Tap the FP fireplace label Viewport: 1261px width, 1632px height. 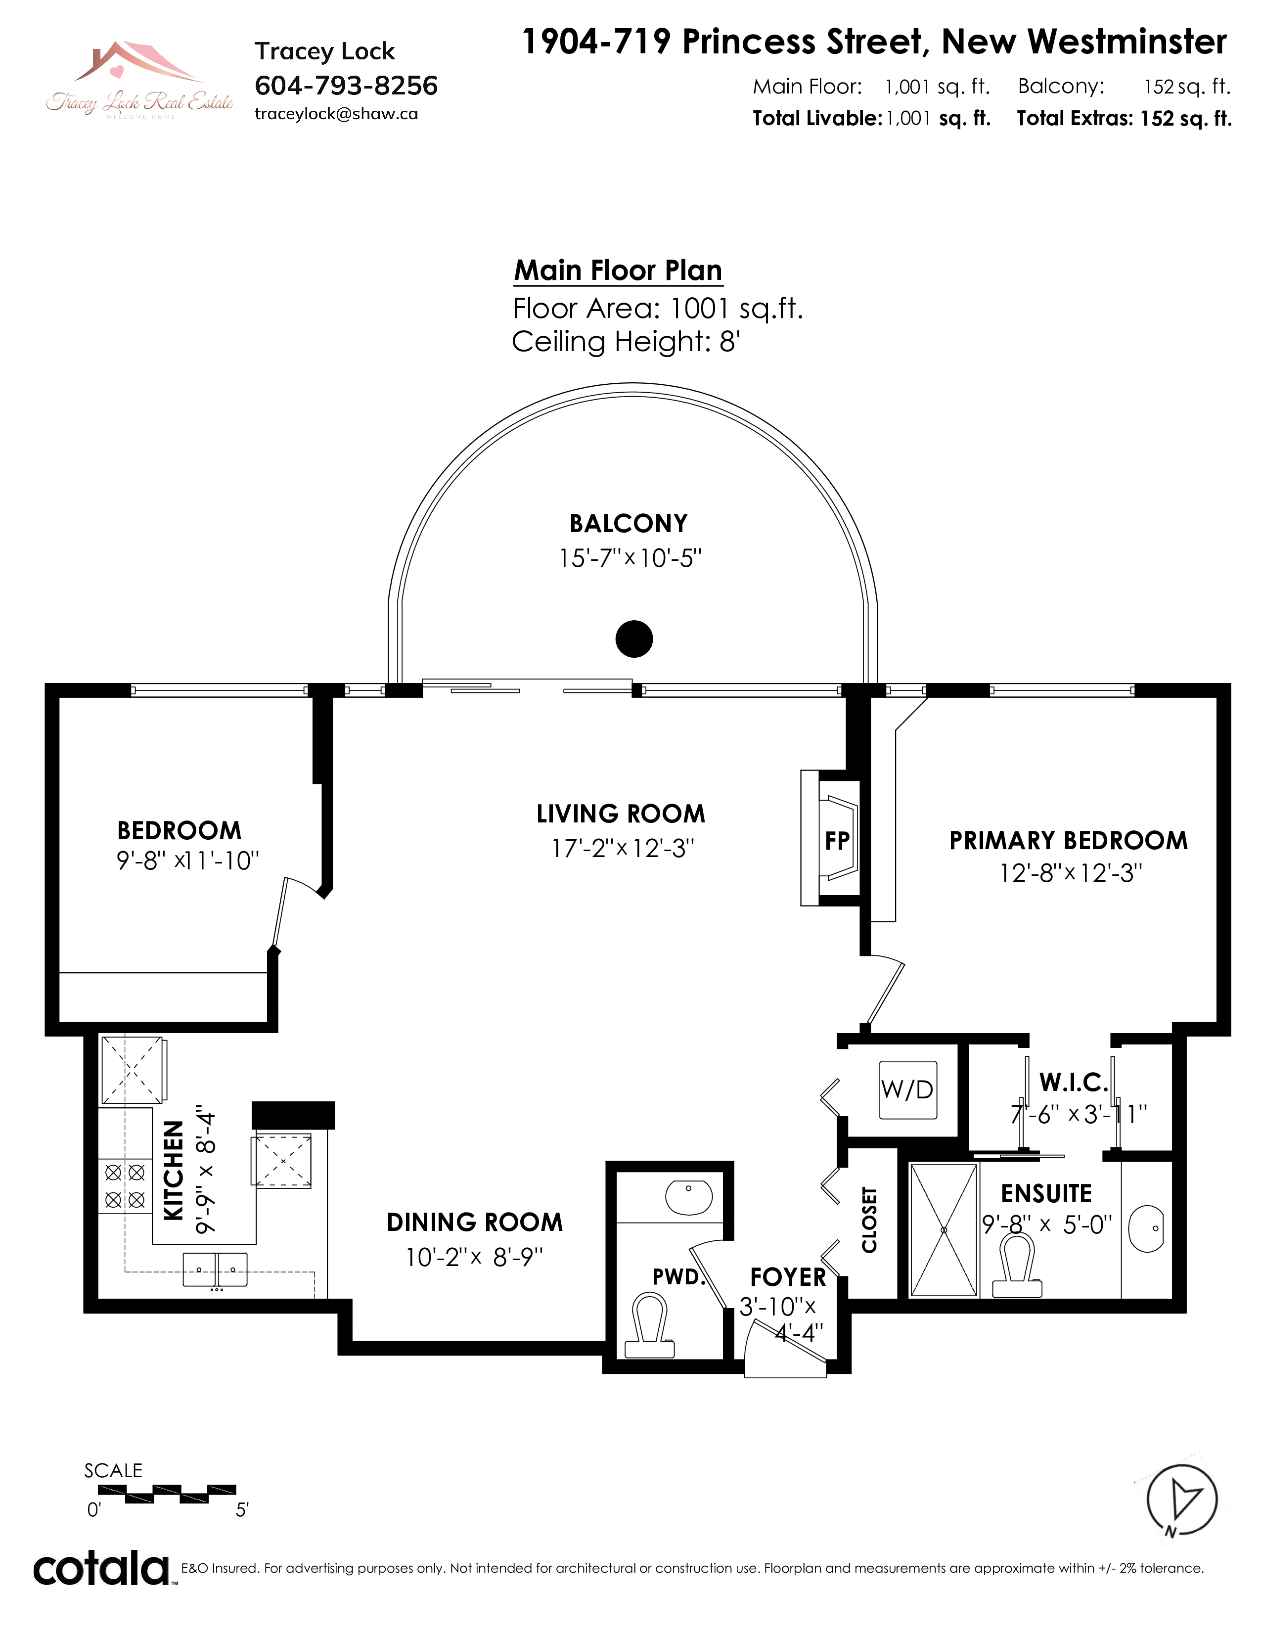coord(837,841)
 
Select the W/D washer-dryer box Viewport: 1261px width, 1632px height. coord(907,1089)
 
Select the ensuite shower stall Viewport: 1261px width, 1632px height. coord(944,1230)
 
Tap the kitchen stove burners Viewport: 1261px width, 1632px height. coord(125,1186)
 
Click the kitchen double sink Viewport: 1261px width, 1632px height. coord(215,1269)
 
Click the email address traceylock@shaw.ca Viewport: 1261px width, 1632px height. coord(336,114)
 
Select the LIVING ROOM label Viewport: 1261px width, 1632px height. coord(621,814)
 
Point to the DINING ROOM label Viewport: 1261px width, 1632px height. coord(474,1223)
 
